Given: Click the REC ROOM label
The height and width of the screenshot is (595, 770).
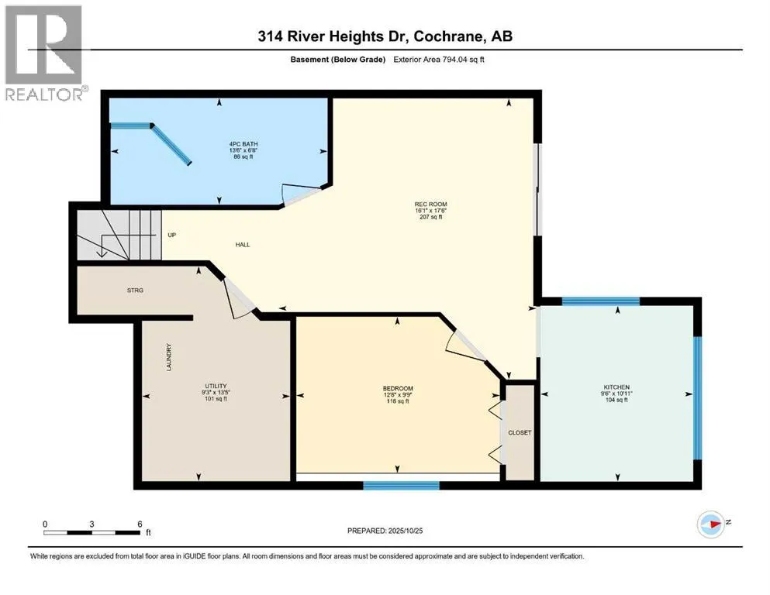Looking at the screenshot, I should (x=427, y=205).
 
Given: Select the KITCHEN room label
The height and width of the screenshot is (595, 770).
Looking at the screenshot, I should (x=617, y=387).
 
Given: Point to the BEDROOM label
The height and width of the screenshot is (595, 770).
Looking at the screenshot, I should (x=398, y=388).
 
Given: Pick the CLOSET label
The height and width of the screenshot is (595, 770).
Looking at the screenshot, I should (x=520, y=432).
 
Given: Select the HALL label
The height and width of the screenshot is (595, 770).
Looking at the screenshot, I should (x=243, y=245).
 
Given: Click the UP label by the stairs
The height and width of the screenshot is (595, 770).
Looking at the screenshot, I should (x=171, y=234).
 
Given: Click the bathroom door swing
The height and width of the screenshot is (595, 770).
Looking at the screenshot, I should (x=302, y=194).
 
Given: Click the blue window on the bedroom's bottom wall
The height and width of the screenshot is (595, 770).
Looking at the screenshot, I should (x=401, y=486).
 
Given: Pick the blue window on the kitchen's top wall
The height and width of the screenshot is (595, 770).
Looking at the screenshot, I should (x=600, y=301).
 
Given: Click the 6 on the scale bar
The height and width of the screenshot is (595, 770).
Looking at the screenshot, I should (x=139, y=524).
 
